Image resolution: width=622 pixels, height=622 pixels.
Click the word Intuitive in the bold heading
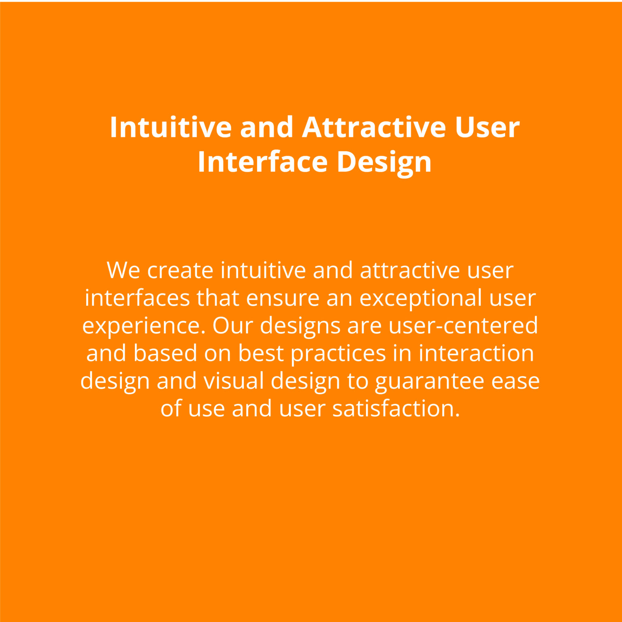tap(170, 127)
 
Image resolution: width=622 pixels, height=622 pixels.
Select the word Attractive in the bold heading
tap(374, 127)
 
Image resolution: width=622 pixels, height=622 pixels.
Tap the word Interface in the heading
tap(262, 162)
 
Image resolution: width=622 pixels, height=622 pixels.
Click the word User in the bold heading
tap(487, 127)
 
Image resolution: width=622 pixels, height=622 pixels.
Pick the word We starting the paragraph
tap(123, 270)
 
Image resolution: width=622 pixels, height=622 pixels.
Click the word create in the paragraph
tap(180, 271)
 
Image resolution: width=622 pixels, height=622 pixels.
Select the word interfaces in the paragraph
tap(137, 298)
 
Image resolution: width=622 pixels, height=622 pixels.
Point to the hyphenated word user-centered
tap(463, 325)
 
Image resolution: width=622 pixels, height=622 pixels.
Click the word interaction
tap(476, 353)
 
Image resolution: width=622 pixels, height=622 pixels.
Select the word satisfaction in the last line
tap(396, 408)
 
